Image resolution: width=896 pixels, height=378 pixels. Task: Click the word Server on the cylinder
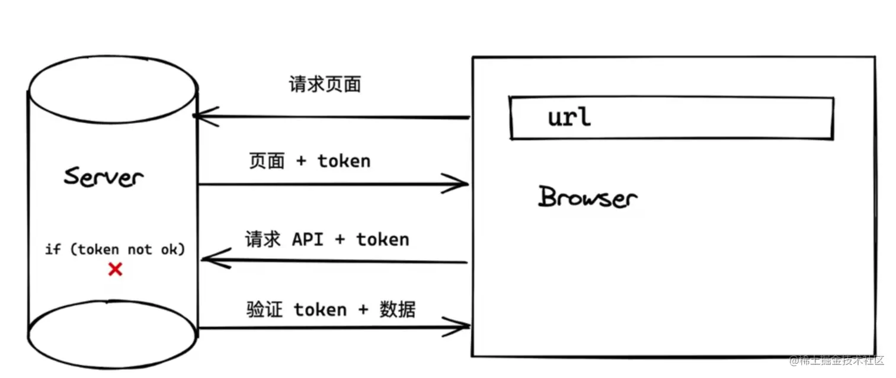pos(104,177)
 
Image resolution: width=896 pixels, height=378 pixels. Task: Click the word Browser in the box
pos(587,198)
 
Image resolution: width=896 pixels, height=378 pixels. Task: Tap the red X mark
pos(115,270)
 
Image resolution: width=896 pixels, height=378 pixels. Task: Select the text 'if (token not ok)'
pos(115,249)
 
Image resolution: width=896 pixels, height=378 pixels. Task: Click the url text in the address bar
pos(569,117)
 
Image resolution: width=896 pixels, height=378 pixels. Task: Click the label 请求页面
pos(325,85)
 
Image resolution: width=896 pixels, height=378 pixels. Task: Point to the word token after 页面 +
pos(344,161)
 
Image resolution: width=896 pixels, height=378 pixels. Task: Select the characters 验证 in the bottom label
pos(264,309)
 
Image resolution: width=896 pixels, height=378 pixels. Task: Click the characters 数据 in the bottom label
pos(398,309)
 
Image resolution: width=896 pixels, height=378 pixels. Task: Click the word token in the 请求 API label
pos(382,239)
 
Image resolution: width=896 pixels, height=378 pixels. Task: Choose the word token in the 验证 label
pos(320,309)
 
